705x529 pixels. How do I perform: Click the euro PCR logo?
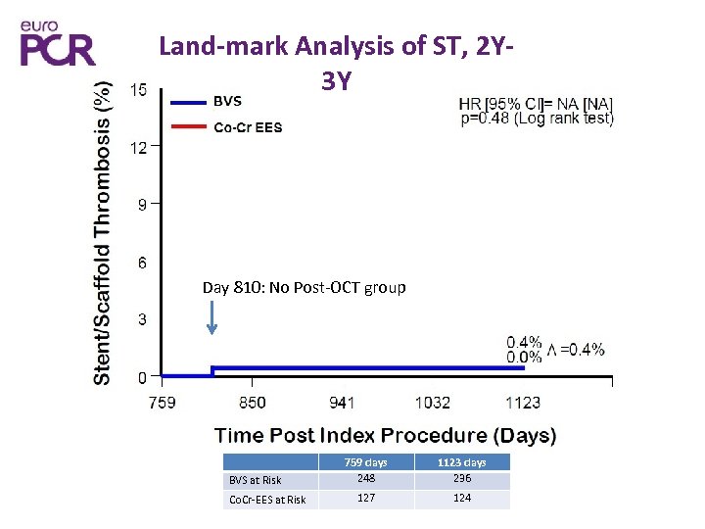click(58, 42)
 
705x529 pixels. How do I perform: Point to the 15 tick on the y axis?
click(139, 90)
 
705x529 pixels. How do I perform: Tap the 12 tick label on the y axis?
click(139, 148)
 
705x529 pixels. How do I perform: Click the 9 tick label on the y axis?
click(143, 205)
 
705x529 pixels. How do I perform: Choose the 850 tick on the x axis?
click(252, 403)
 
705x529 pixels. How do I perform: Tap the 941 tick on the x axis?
click(342, 403)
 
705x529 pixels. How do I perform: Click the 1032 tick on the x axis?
click(433, 403)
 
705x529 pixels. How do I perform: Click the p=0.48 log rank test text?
click(537, 119)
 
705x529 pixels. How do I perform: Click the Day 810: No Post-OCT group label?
click(304, 288)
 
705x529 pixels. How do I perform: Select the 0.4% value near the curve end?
click(524, 342)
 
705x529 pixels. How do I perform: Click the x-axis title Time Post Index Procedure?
click(385, 436)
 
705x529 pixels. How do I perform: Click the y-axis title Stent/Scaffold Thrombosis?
click(102, 233)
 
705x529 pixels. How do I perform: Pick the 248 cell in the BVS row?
click(366, 479)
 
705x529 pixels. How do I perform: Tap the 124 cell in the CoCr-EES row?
click(462, 498)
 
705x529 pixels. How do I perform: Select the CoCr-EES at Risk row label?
click(266, 500)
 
